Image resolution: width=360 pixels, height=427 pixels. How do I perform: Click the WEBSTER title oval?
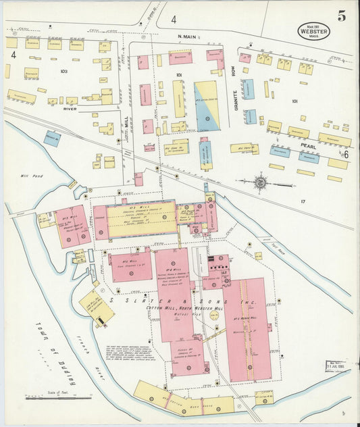[x=315, y=31]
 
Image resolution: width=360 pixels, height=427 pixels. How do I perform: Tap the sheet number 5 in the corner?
[x=342, y=17]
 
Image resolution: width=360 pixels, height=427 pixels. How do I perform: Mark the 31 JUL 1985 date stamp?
[x=337, y=367]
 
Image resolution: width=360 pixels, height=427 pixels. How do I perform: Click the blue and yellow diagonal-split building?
[x=207, y=105]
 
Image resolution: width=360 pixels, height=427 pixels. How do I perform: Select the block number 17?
[x=303, y=201]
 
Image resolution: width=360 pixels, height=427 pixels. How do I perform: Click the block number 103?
[x=64, y=71]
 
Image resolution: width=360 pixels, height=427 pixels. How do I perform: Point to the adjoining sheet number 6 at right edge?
[x=345, y=155]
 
